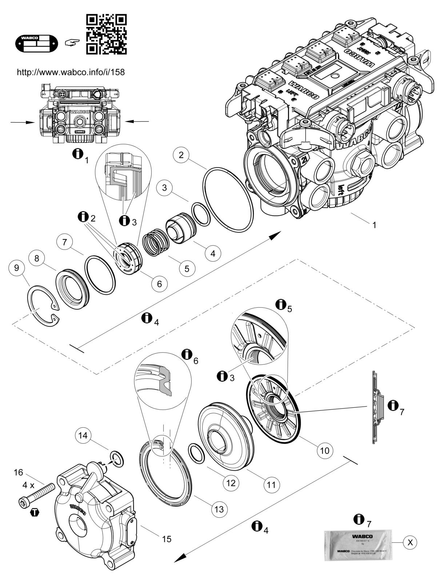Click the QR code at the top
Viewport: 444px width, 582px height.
[106, 34]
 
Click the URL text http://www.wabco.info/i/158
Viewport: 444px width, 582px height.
[71, 72]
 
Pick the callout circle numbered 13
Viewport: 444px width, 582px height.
[219, 509]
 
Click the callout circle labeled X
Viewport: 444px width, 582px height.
[410, 542]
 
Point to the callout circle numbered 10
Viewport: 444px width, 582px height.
[324, 450]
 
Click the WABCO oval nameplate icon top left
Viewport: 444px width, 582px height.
[36, 43]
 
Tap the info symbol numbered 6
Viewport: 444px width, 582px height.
[187, 354]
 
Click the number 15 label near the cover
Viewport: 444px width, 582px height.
[167, 538]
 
